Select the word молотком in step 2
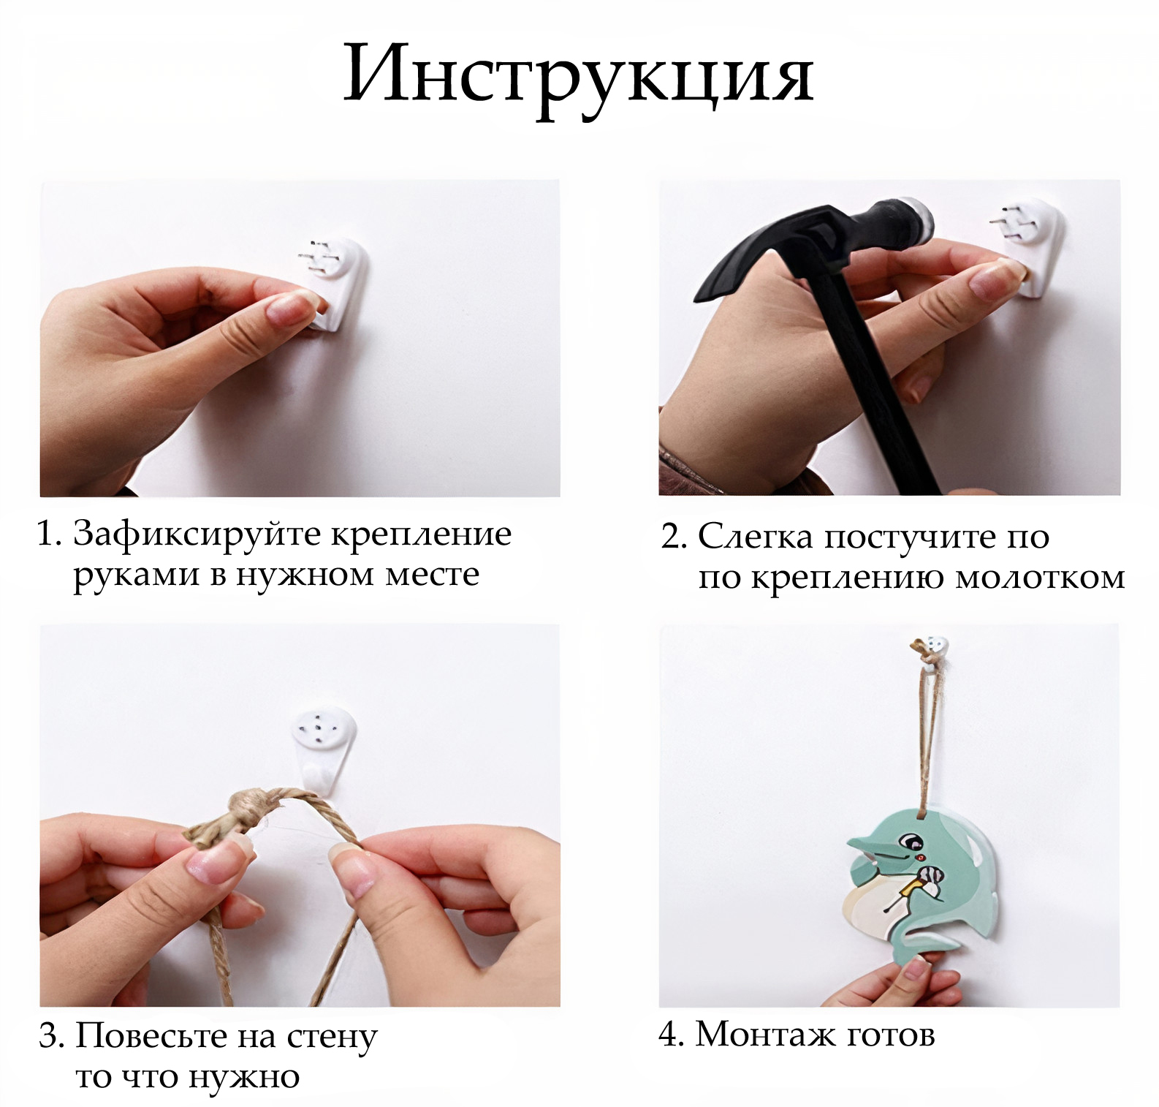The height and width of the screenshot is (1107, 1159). click(1040, 577)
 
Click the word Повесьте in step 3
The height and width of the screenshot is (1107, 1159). click(151, 1036)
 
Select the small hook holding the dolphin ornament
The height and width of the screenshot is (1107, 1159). click(931, 652)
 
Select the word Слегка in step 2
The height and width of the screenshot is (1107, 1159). click(755, 537)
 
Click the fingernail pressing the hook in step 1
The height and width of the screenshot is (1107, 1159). click(289, 308)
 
